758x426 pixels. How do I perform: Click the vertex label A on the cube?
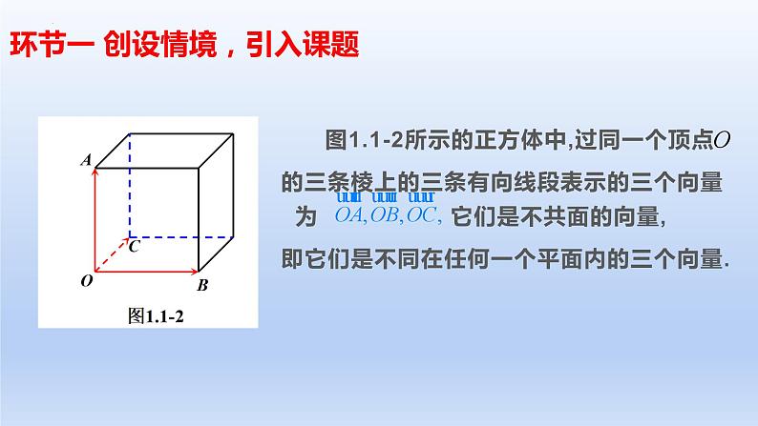(x=85, y=162)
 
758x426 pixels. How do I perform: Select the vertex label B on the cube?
(x=202, y=284)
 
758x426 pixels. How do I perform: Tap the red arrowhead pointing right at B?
(x=191, y=269)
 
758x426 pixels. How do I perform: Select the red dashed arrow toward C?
(x=113, y=253)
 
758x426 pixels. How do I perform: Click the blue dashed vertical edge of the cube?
(x=129, y=186)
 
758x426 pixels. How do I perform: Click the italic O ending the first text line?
(x=723, y=141)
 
